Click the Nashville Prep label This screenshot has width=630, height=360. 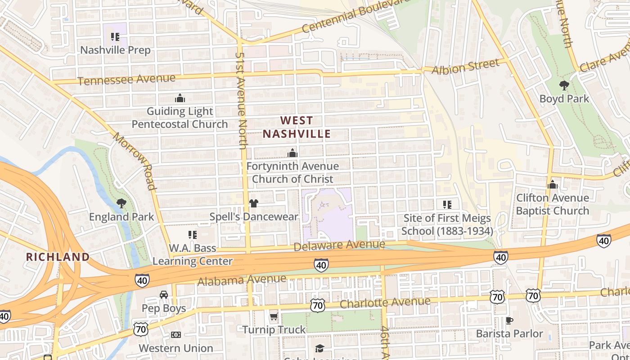[115, 50]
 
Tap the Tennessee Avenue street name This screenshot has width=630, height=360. [126, 80]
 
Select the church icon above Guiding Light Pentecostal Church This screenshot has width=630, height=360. [180, 98]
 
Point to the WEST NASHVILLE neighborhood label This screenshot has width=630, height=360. [297, 127]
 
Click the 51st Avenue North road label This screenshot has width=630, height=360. [242, 100]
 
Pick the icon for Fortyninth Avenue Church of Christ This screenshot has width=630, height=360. [292, 153]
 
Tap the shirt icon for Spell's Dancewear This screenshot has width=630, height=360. [254, 203]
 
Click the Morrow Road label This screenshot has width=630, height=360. [134, 161]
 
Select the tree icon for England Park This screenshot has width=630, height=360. [121, 203]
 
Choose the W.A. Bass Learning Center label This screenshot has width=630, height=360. [193, 255]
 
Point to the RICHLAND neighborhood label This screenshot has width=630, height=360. [58, 257]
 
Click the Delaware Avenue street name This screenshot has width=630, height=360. [339, 245]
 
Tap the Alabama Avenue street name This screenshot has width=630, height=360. [242, 280]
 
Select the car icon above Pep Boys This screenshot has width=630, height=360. [164, 295]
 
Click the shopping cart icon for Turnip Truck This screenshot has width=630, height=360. [274, 317]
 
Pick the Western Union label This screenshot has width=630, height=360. [176, 348]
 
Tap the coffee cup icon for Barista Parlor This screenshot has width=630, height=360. [509, 320]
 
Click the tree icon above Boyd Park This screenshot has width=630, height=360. [564, 85]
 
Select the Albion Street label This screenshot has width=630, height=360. [466, 66]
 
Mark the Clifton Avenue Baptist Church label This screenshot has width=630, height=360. [552, 204]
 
